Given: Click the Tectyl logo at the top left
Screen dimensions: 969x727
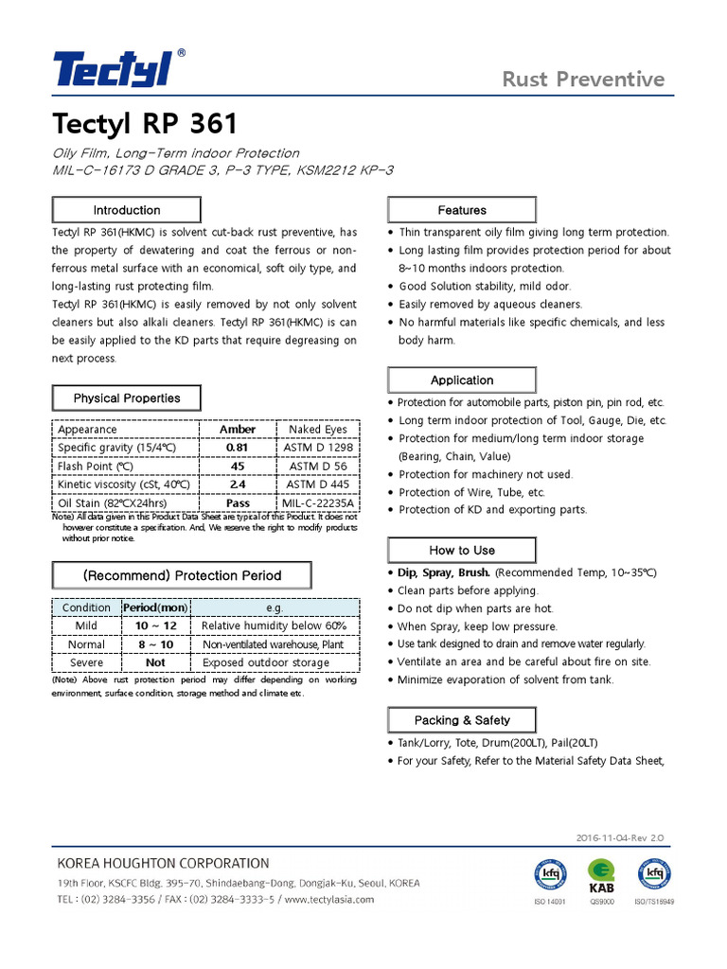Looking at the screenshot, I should (x=114, y=69).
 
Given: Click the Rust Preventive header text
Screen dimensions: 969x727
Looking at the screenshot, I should (x=583, y=79).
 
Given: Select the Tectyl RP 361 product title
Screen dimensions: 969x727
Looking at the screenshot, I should (x=145, y=124).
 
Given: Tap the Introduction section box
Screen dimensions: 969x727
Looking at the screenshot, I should (x=126, y=210).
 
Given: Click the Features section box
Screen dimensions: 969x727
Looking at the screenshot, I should (x=462, y=210).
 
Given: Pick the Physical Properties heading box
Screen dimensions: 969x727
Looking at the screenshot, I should (x=126, y=398).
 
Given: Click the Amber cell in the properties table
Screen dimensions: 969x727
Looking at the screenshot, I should (x=238, y=430).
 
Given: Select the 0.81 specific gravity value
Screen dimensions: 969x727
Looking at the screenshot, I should (x=238, y=448).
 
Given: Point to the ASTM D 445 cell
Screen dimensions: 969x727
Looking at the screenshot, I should (x=318, y=484).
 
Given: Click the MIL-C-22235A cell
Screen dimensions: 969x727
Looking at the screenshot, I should (x=318, y=503).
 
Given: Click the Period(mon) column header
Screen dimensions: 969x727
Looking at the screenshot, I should (x=155, y=608).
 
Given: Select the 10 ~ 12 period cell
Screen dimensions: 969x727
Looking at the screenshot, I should (x=155, y=626).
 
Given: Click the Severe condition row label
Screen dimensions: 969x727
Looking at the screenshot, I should (x=86, y=663).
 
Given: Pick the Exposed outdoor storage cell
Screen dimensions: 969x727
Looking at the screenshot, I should (x=266, y=663).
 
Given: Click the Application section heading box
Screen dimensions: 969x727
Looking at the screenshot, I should (x=462, y=380).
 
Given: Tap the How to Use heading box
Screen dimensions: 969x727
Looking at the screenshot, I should (x=462, y=550).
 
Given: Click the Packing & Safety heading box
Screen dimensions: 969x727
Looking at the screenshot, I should (x=462, y=720).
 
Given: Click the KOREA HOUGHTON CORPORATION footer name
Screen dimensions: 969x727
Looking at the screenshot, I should (x=163, y=863).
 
